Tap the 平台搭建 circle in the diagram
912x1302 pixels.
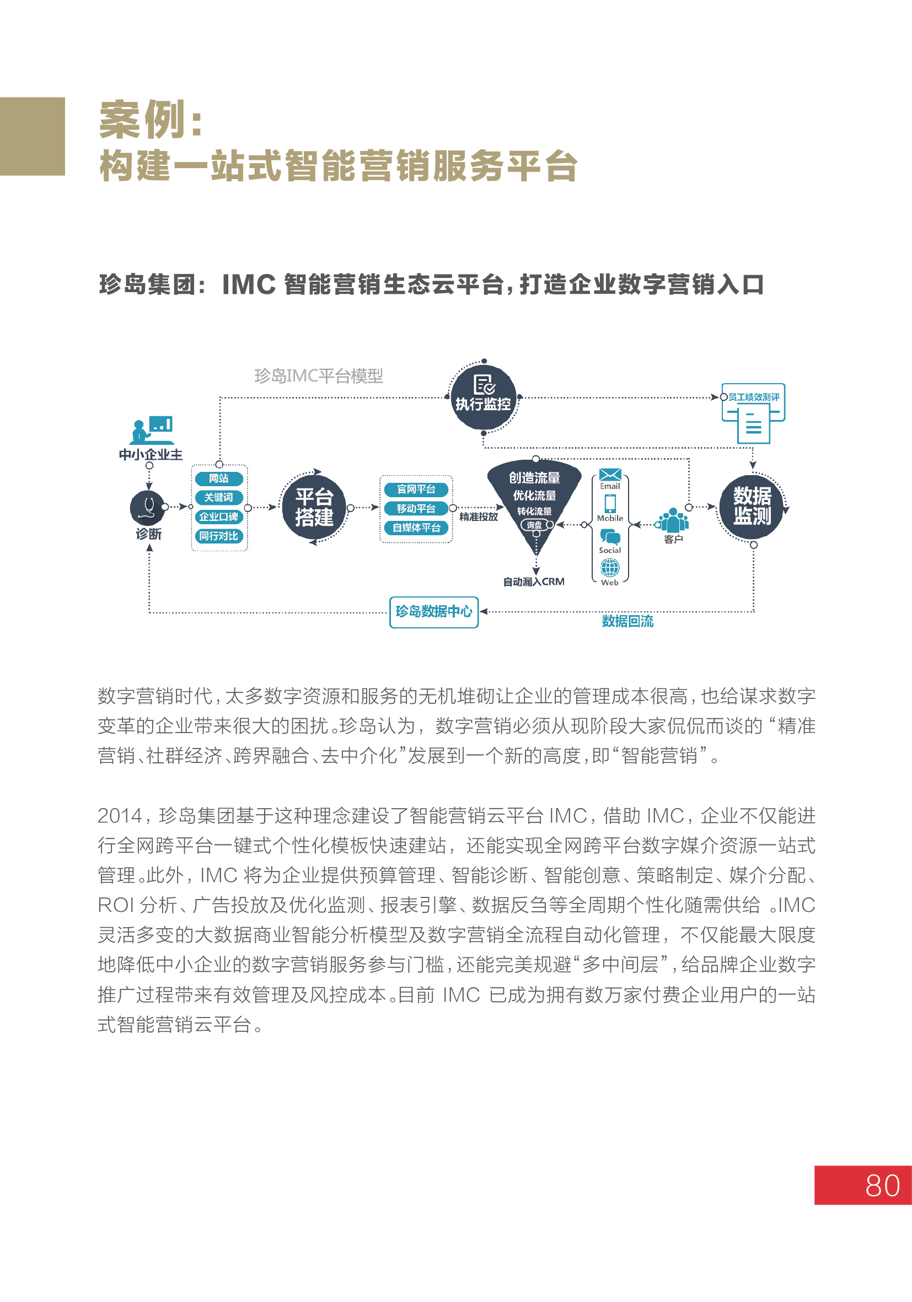314,507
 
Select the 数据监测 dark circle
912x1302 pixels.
752,506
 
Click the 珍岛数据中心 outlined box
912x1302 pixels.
434,612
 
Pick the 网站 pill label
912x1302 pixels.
219,478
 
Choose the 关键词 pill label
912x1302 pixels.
219,497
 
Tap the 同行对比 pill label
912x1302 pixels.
219,536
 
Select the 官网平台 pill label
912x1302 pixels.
416,489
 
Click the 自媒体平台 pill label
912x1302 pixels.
416,528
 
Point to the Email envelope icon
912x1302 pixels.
610,475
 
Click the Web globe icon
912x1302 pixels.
610,567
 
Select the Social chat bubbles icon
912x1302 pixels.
610,536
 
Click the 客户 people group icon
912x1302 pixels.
673,520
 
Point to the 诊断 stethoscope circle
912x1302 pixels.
148,507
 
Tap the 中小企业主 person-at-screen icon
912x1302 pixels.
152,431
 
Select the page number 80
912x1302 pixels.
883,1185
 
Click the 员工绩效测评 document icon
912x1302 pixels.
753,413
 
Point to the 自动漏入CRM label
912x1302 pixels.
534,581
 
